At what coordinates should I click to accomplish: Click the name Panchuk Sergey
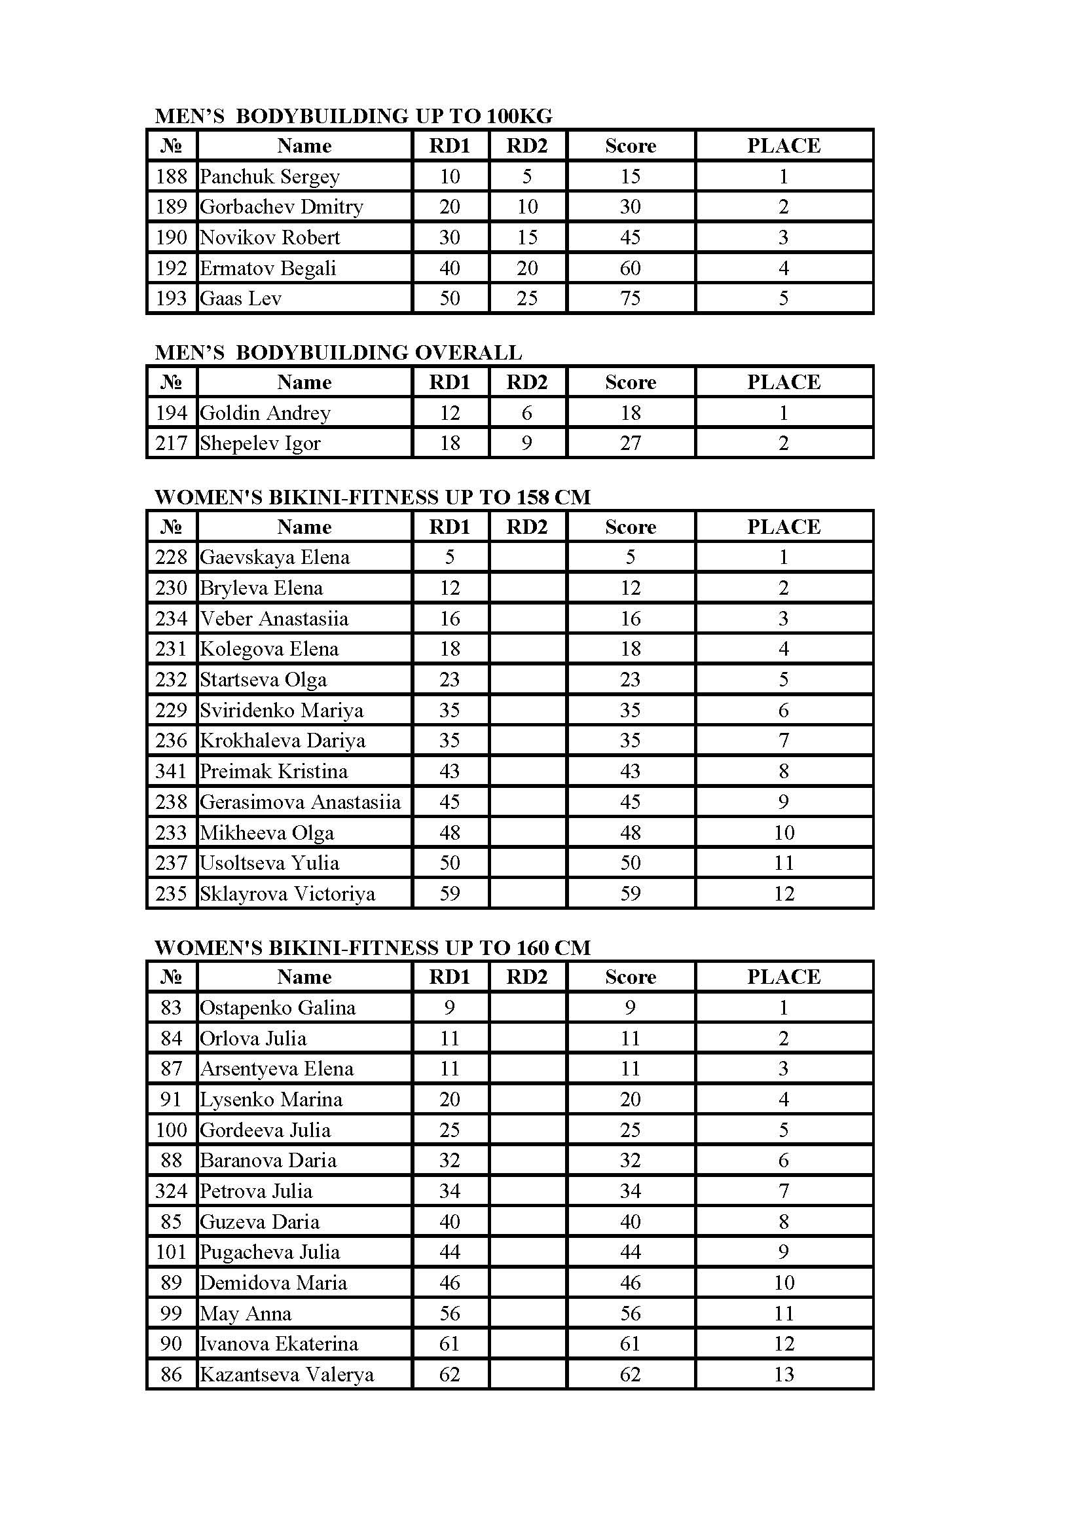pos(269,177)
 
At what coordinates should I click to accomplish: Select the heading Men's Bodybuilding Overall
pos(338,352)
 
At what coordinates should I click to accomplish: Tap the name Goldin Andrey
pos(265,413)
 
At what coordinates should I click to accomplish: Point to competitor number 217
pos(172,443)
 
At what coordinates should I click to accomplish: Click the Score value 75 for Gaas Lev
pos(630,298)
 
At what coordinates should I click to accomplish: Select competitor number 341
pos(172,772)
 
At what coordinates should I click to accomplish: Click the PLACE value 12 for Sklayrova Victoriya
pos(784,893)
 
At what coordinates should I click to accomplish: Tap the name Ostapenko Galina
pos(278,1007)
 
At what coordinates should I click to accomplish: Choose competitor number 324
pos(172,1191)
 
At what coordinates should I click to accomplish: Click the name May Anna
pos(246,1313)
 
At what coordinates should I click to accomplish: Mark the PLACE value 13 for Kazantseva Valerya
pos(784,1375)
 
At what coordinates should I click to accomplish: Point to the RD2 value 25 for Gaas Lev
pos(527,298)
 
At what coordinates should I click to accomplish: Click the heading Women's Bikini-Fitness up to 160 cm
pos(372,948)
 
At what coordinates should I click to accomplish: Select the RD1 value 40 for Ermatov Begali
pos(449,269)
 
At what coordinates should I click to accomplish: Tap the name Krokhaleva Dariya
pos(282,741)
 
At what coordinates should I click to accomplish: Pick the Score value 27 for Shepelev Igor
pos(630,443)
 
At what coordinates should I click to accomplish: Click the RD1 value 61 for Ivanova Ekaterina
pos(449,1344)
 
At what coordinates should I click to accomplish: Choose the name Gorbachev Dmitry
pos(281,207)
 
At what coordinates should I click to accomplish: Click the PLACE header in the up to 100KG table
pos(784,145)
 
